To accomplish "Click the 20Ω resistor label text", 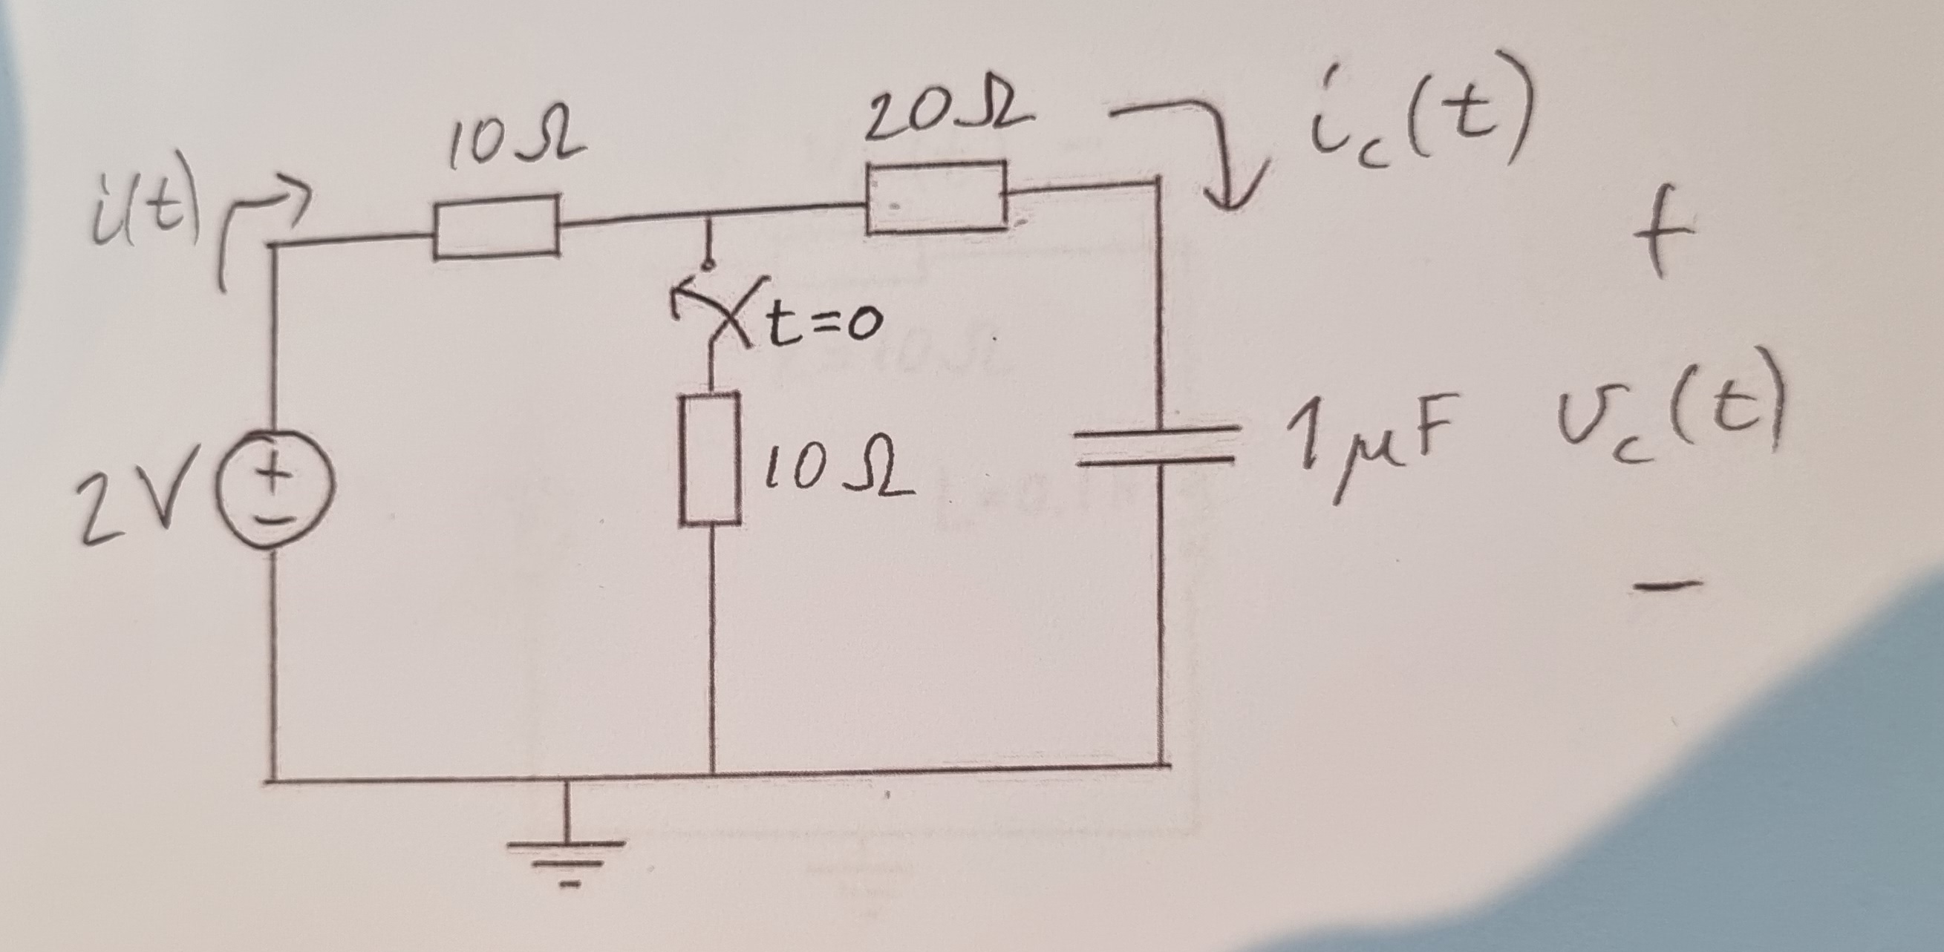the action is pos(947,116).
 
